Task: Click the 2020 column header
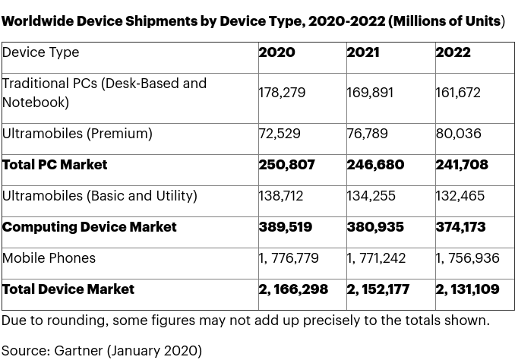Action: [276, 52]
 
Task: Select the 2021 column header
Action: [365, 52]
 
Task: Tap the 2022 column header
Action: [453, 52]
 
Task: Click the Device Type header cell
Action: [40, 52]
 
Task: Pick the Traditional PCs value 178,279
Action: [282, 93]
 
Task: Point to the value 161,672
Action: [459, 93]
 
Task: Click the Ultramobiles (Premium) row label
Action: [77, 134]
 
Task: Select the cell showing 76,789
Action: [368, 134]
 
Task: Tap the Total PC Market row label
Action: [55, 165]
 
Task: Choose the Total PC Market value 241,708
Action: [462, 165]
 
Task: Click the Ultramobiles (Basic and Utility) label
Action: [100, 196]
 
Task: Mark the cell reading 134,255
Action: [371, 196]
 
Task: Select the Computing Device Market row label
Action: [89, 227]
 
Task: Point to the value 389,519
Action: [286, 227]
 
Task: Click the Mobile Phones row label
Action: [49, 258]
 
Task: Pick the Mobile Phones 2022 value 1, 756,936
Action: [467, 258]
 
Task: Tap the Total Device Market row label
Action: [68, 289]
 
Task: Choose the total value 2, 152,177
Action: [378, 289]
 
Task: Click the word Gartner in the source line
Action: [78, 351]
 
